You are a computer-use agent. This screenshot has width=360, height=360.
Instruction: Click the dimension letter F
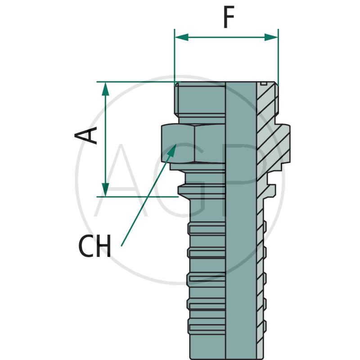(229, 19)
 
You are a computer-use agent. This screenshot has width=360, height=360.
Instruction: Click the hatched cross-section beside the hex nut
(274, 144)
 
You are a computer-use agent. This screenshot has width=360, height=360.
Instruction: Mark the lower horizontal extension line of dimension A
(135, 196)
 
